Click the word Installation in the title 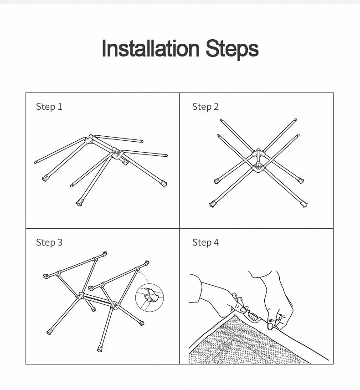[150, 48]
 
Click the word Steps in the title [232, 50]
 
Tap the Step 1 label [49, 107]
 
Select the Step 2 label [205, 107]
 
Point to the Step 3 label [49, 242]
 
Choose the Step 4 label [205, 242]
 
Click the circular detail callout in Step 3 [149, 298]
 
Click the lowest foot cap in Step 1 [79, 202]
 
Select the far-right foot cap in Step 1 [164, 184]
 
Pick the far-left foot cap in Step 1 [45, 178]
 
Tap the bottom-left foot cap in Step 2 [213, 204]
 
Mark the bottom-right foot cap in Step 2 [304, 204]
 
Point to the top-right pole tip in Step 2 [296, 120]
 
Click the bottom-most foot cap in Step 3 [100, 349]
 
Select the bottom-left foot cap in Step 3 [49, 332]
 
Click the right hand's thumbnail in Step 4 [270, 326]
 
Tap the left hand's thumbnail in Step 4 [243, 310]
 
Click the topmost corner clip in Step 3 [105, 254]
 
